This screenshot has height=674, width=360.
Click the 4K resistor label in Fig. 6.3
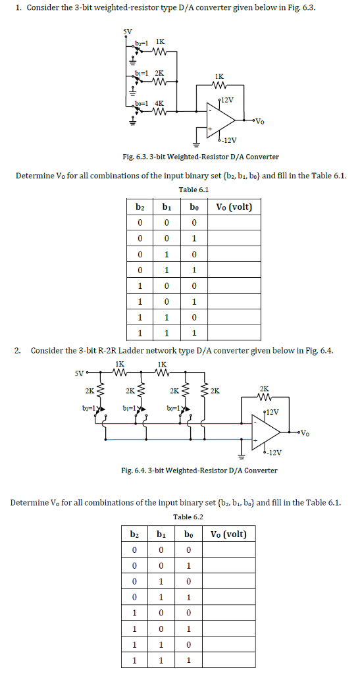point(159,103)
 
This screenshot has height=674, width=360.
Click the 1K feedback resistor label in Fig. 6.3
point(218,76)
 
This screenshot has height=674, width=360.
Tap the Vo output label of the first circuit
point(260,121)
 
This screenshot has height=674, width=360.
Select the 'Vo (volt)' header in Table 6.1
point(234,206)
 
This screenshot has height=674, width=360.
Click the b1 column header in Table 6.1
point(167,206)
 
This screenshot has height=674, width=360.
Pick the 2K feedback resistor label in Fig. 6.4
point(264,389)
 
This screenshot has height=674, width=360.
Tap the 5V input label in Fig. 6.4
point(79,375)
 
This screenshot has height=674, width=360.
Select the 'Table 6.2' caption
point(188,517)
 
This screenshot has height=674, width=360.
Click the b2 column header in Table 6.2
point(135,533)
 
